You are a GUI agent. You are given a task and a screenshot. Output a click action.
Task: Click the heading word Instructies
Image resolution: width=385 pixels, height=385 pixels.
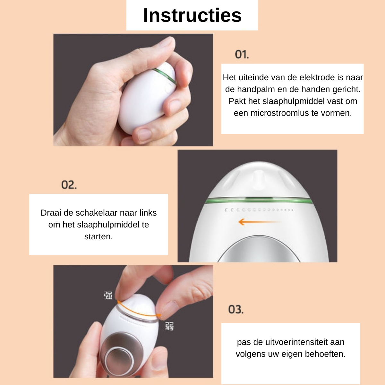192,15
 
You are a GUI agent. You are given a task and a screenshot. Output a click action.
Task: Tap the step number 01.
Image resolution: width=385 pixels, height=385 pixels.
242,55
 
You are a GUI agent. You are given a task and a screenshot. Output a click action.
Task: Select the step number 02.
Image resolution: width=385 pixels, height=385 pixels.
69,185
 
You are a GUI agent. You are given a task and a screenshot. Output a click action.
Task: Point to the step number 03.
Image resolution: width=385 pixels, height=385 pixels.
236,310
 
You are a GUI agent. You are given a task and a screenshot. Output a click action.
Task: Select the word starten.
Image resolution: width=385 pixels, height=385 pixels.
98,237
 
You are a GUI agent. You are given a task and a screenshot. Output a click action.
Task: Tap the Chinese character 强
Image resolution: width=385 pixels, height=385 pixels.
108,295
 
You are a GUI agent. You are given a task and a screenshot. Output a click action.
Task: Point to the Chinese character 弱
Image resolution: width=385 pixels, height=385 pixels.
169,326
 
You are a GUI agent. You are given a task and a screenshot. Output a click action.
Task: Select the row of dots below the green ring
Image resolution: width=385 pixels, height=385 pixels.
259,210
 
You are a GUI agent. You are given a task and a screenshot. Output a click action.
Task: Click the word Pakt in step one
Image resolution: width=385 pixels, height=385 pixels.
237,101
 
